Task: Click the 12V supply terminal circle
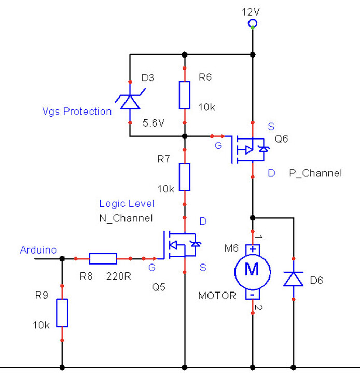[253, 23]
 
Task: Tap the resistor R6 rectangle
[185, 95]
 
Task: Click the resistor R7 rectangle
[185, 177]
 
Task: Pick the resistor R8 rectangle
[103, 258]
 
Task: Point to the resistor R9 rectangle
[62, 312]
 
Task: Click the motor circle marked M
[252, 270]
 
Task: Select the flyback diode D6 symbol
[293, 279]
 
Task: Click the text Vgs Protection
[77, 111]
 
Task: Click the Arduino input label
[38, 250]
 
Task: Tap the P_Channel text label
[315, 174]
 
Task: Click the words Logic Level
[127, 204]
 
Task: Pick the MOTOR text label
[217, 296]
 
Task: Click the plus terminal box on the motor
[253, 249]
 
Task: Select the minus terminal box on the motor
[253, 294]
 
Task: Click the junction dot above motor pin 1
[253, 217]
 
